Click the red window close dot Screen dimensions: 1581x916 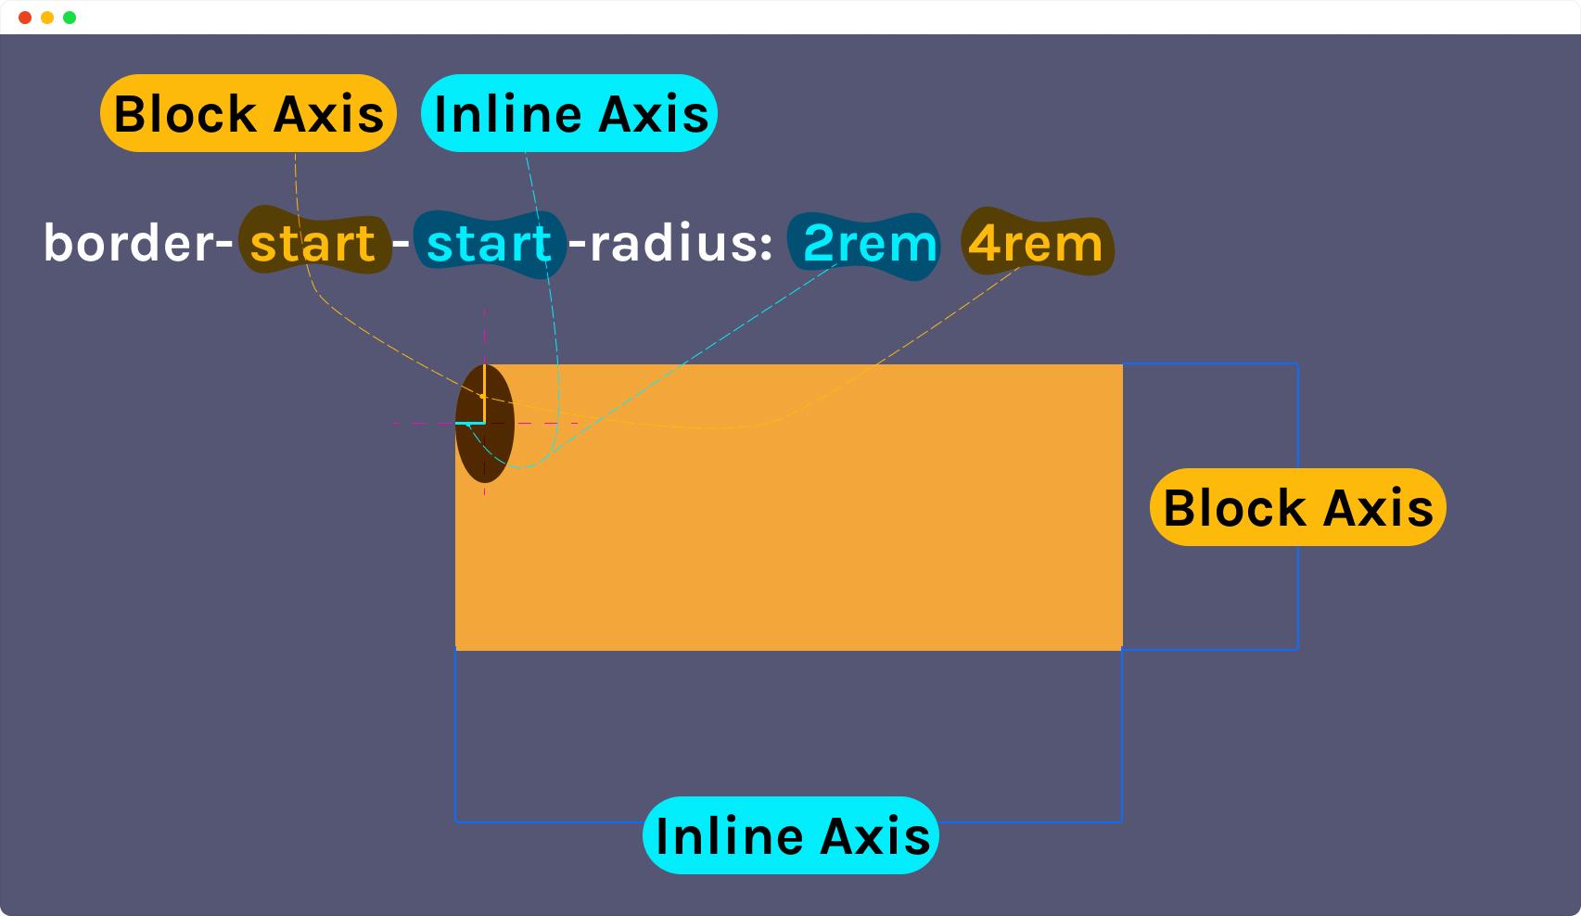[25, 18]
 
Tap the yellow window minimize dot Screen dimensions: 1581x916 [47, 18]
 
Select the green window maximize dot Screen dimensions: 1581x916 [70, 18]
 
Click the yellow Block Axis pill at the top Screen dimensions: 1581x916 [249, 113]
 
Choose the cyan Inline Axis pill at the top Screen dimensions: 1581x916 [569, 113]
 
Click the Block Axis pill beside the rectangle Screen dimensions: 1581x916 [1298, 507]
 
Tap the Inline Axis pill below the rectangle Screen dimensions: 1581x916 [791, 835]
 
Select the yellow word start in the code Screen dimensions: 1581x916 [312, 244]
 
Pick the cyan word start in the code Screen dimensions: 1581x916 [489, 244]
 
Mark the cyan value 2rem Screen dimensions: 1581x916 [871, 244]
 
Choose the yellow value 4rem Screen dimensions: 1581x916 [1035, 244]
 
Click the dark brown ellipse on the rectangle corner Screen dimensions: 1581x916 [485, 424]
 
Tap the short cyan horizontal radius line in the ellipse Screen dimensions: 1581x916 [470, 423]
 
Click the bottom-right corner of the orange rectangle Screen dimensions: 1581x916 [1122, 650]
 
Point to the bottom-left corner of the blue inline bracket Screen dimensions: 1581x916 [455, 821]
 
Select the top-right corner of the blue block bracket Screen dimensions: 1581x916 [1298, 363]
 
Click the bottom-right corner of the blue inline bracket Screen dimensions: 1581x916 [1121, 821]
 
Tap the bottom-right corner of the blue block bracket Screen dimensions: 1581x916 [1298, 649]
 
